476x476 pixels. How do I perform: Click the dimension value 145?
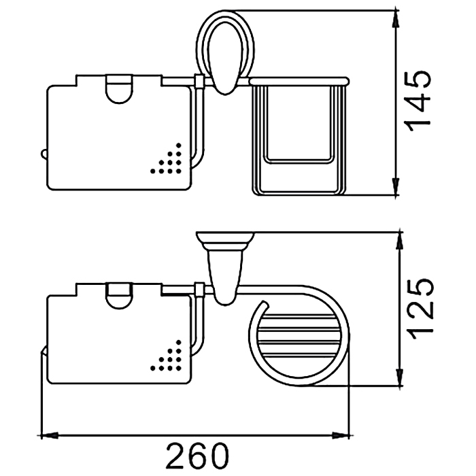point(417,102)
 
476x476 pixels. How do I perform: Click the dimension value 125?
point(420,309)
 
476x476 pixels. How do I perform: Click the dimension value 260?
point(197,456)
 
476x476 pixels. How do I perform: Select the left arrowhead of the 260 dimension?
point(50,436)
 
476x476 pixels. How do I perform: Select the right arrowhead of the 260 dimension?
point(341,436)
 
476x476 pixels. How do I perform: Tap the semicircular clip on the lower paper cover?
point(119,296)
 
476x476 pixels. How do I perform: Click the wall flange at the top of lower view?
point(225,241)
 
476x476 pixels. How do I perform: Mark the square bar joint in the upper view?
point(199,81)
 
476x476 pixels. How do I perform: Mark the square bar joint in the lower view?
point(199,289)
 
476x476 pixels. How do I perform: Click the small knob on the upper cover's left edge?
point(44,154)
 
